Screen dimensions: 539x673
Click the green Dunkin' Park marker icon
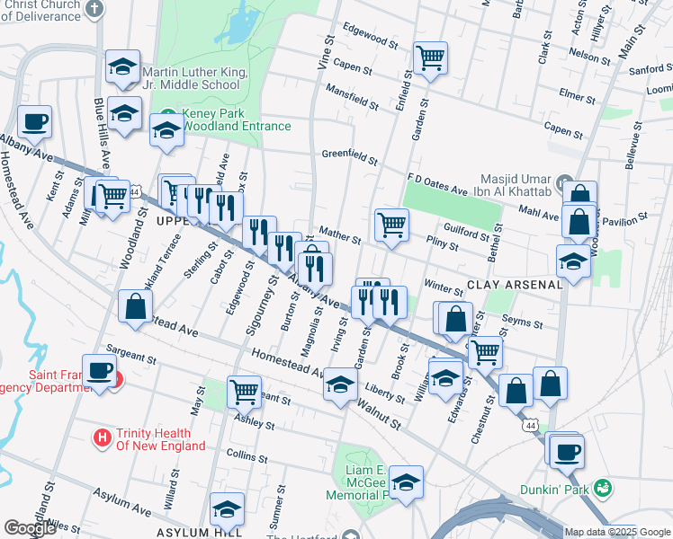pyautogui.click(x=604, y=488)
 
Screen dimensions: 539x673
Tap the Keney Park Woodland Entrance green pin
pyautogui.click(x=166, y=115)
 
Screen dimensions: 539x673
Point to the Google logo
pyautogui.click(x=30, y=528)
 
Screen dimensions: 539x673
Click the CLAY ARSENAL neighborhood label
pyautogui.click(x=515, y=284)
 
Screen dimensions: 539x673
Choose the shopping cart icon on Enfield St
pyautogui.click(x=431, y=57)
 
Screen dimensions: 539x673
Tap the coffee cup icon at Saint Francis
pyautogui.click(x=101, y=370)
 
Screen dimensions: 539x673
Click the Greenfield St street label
pyautogui.click(x=349, y=155)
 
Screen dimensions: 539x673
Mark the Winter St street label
pyautogui.click(x=443, y=286)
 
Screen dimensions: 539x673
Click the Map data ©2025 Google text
pyautogui.click(x=617, y=532)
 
